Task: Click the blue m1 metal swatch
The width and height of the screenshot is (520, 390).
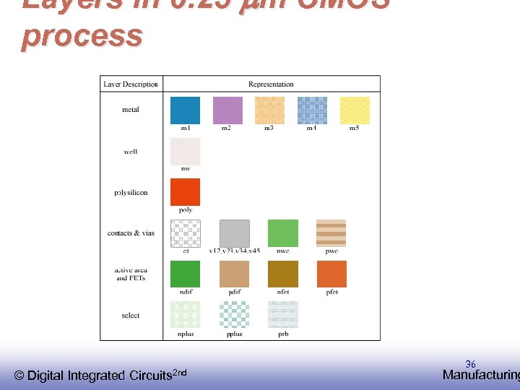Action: [x=185, y=110]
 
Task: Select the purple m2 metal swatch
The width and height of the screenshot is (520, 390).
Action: [x=227, y=110]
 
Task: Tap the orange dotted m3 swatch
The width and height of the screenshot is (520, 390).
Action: [x=269, y=110]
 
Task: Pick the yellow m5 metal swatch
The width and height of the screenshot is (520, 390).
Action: [x=355, y=110]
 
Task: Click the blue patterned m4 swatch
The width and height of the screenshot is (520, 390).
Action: [x=312, y=110]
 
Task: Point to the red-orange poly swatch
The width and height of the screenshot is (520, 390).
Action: [x=185, y=192]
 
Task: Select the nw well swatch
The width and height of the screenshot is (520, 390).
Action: [x=185, y=152]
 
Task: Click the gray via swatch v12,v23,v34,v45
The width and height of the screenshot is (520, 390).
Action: [x=234, y=233]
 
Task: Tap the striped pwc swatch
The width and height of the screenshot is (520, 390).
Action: [x=331, y=233]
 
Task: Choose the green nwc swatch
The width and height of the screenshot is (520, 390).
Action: [x=282, y=233]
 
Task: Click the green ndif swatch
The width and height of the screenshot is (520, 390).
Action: [x=185, y=274]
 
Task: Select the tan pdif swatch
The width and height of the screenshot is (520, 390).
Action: [x=234, y=274]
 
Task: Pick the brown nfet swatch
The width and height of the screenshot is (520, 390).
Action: [x=282, y=274]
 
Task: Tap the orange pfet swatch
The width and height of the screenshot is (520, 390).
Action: [x=331, y=274]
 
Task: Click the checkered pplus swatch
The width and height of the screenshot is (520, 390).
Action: [x=234, y=315]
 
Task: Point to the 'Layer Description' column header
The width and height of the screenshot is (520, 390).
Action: [x=131, y=84]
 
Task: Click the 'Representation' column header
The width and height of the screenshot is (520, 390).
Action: [x=271, y=84]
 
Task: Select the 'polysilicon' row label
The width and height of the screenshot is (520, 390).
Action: [x=131, y=193]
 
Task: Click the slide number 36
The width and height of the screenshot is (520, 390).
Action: [x=470, y=364]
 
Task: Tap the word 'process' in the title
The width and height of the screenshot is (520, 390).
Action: [x=82, y=35]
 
